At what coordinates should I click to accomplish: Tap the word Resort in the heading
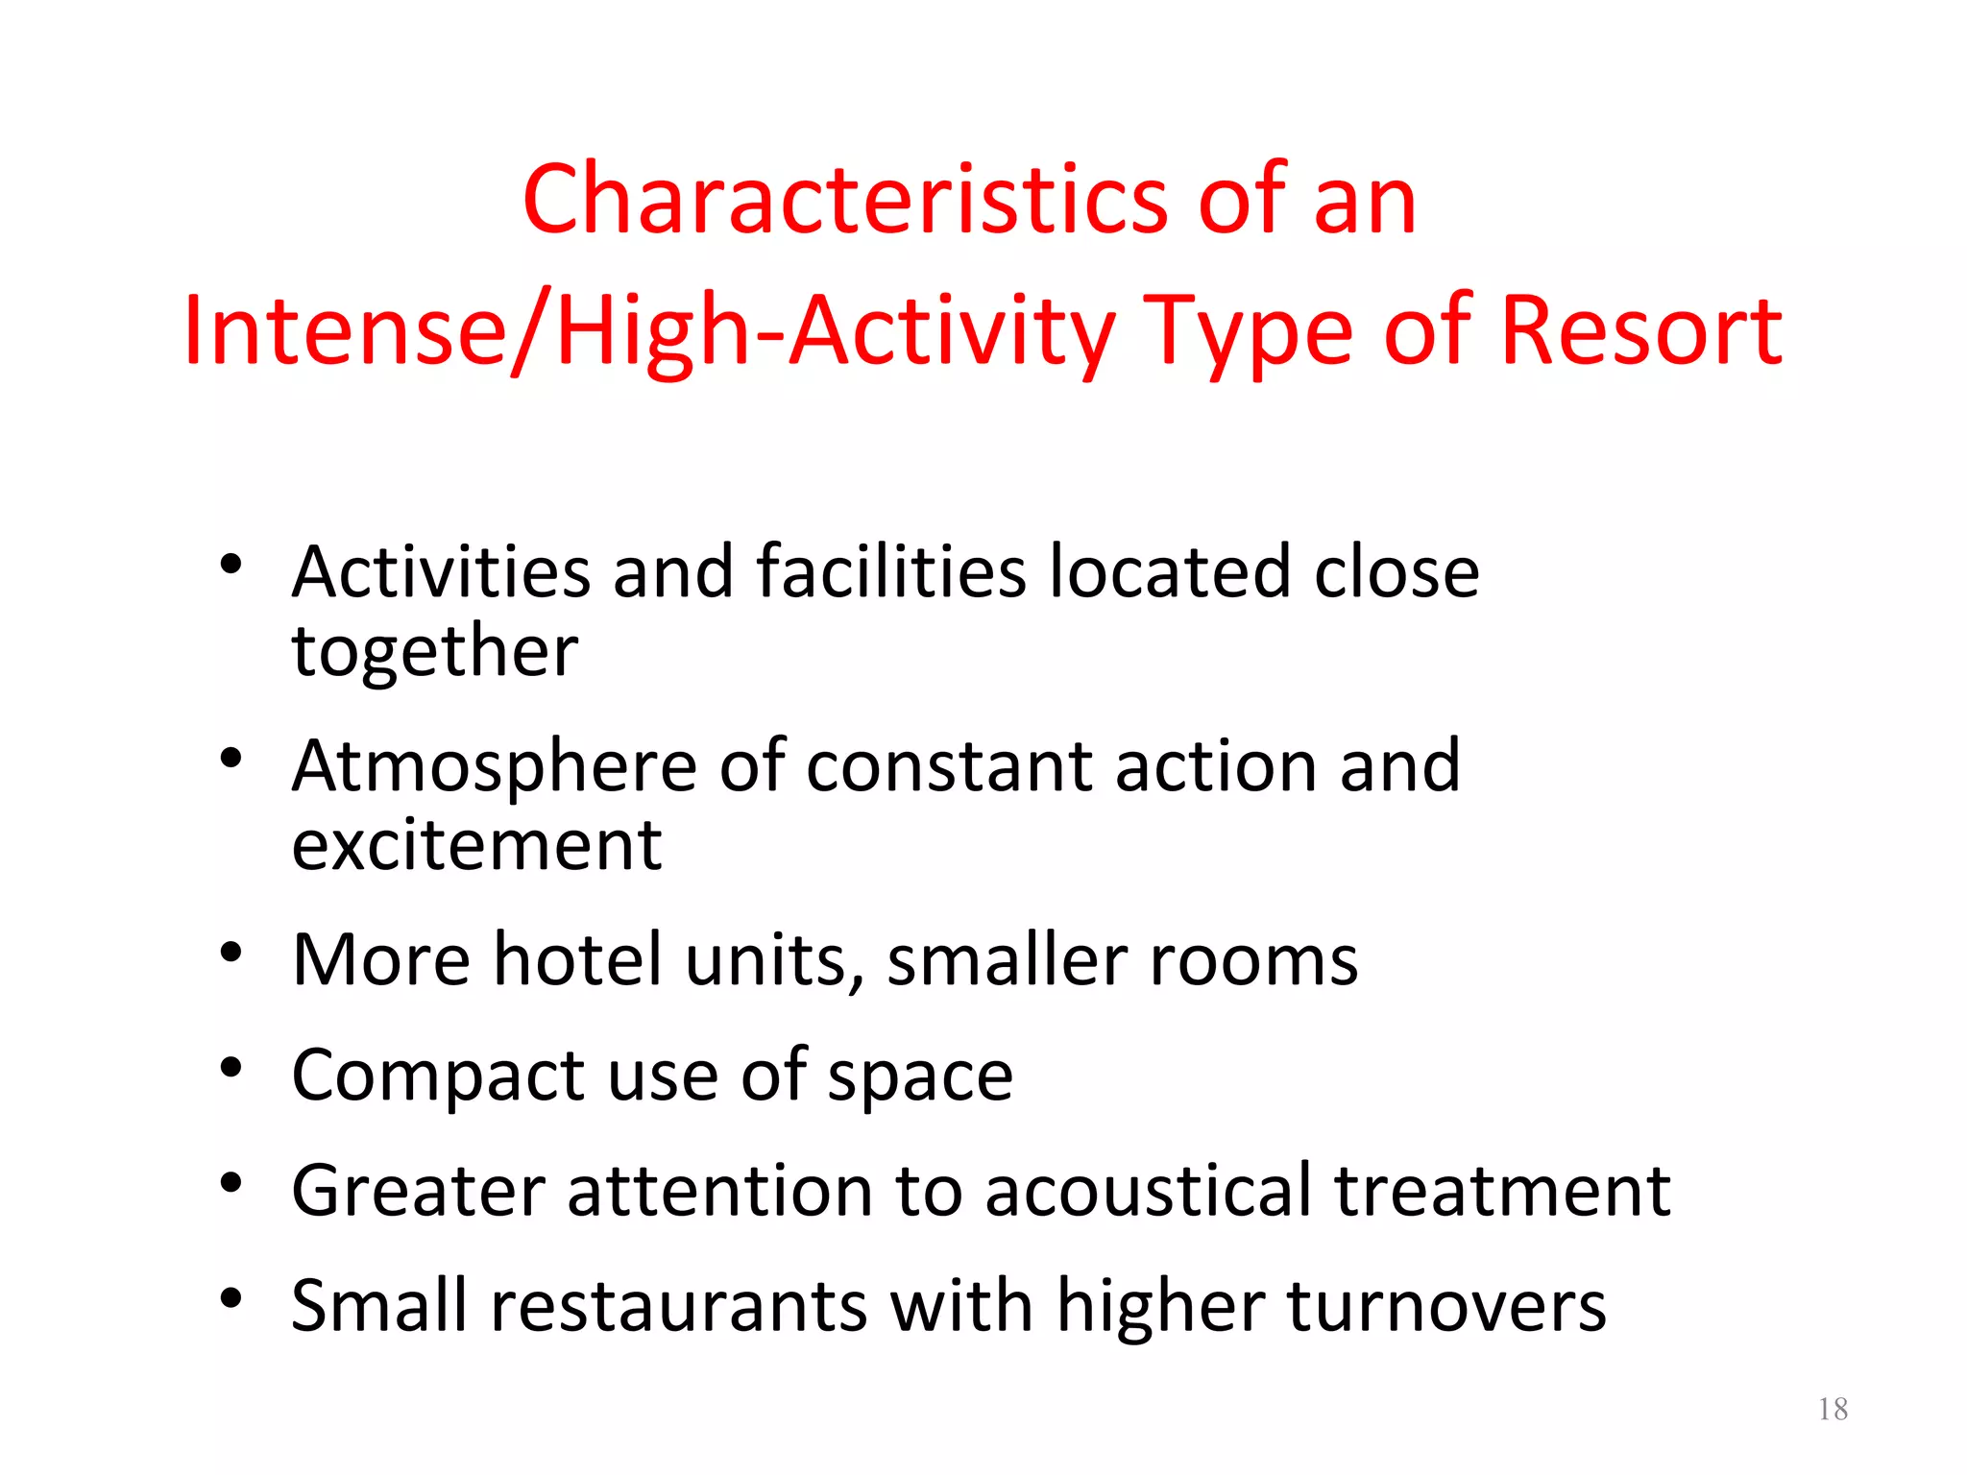click(1640, 330)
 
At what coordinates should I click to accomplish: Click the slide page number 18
click(1833, 1409)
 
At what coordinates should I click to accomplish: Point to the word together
click(435, 650)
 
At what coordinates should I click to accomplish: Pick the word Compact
click(437, 1075)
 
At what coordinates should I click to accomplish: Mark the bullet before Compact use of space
click(231, 1068)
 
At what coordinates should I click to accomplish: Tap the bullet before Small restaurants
click(231, 1298)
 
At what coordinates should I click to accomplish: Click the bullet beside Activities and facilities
click(231, 565)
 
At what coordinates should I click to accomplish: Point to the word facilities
click(891, 571)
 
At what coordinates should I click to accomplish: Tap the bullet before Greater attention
click(231, 1183)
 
